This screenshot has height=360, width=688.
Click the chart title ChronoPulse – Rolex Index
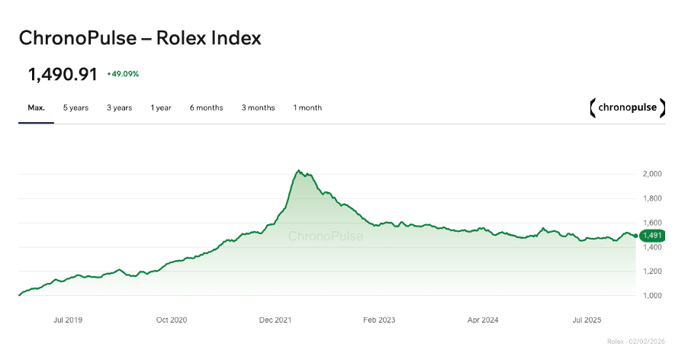[140, 37]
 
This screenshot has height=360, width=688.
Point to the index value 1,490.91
[63, 74]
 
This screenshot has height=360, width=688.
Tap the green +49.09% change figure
[123, 74]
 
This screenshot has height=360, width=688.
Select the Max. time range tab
[36, 108]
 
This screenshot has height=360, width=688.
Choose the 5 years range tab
[76, 108]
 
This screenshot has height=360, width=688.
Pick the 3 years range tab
[119, 108]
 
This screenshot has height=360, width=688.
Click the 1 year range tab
[161, 108]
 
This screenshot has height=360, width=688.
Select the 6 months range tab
[206, 108]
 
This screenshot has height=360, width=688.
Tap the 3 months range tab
[258, 108]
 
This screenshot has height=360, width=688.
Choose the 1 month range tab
[307, 108]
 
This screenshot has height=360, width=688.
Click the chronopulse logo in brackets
[628, 108]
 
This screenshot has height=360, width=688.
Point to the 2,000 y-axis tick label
[652, 174]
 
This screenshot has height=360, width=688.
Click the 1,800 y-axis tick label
[652, 198]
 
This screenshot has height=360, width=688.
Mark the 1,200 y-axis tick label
[652, 271]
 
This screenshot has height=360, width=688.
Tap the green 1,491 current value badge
[652, 236]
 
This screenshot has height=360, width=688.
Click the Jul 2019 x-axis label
[68, 320]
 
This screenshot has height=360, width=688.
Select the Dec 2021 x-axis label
[275, 320]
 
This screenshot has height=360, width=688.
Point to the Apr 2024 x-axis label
[483, 320]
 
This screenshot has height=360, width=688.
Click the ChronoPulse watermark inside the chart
[326, 236]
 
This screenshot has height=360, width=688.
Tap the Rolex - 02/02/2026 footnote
[636, 341]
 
